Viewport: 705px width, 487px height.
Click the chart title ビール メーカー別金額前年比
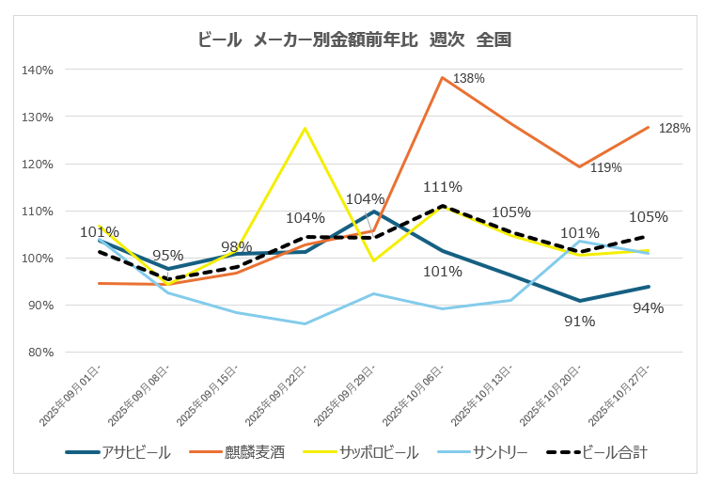(x=354, y=39)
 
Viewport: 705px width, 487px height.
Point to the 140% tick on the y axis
(x=39, y=70)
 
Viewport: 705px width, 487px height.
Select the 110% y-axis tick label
(x=39, y=211)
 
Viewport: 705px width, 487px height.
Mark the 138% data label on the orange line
(x=468, y=79)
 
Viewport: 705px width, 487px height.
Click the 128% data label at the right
(x=674, y=128)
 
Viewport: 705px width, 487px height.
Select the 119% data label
(x=606, y=168)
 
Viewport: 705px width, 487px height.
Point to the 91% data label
(x=580, y=321)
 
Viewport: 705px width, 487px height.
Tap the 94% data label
(x=649, y=307)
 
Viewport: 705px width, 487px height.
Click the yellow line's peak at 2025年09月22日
(x=305, y=128)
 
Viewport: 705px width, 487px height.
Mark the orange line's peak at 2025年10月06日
(x=442, y=77)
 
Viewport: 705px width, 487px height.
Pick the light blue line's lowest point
(x=305, y=323)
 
